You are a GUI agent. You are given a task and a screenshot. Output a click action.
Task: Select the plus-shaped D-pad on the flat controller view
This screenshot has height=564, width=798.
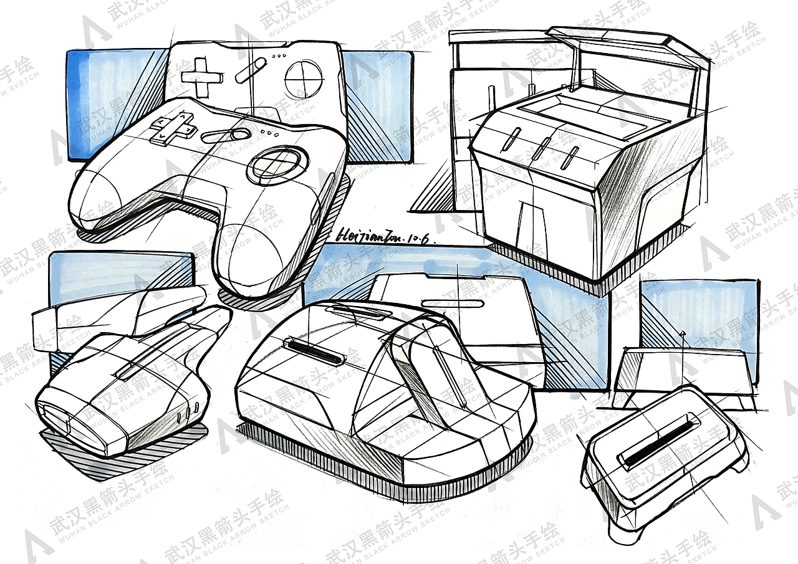[201, 77]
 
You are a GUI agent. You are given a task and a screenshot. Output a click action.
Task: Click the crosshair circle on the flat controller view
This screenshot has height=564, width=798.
[303, 78]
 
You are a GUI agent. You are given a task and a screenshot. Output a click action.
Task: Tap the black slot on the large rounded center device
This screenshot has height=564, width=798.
[314, 351]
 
